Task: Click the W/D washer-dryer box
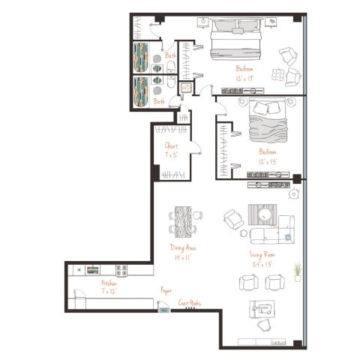186,88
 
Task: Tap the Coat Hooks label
189,304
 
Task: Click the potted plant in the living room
297,271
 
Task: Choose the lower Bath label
159,101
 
